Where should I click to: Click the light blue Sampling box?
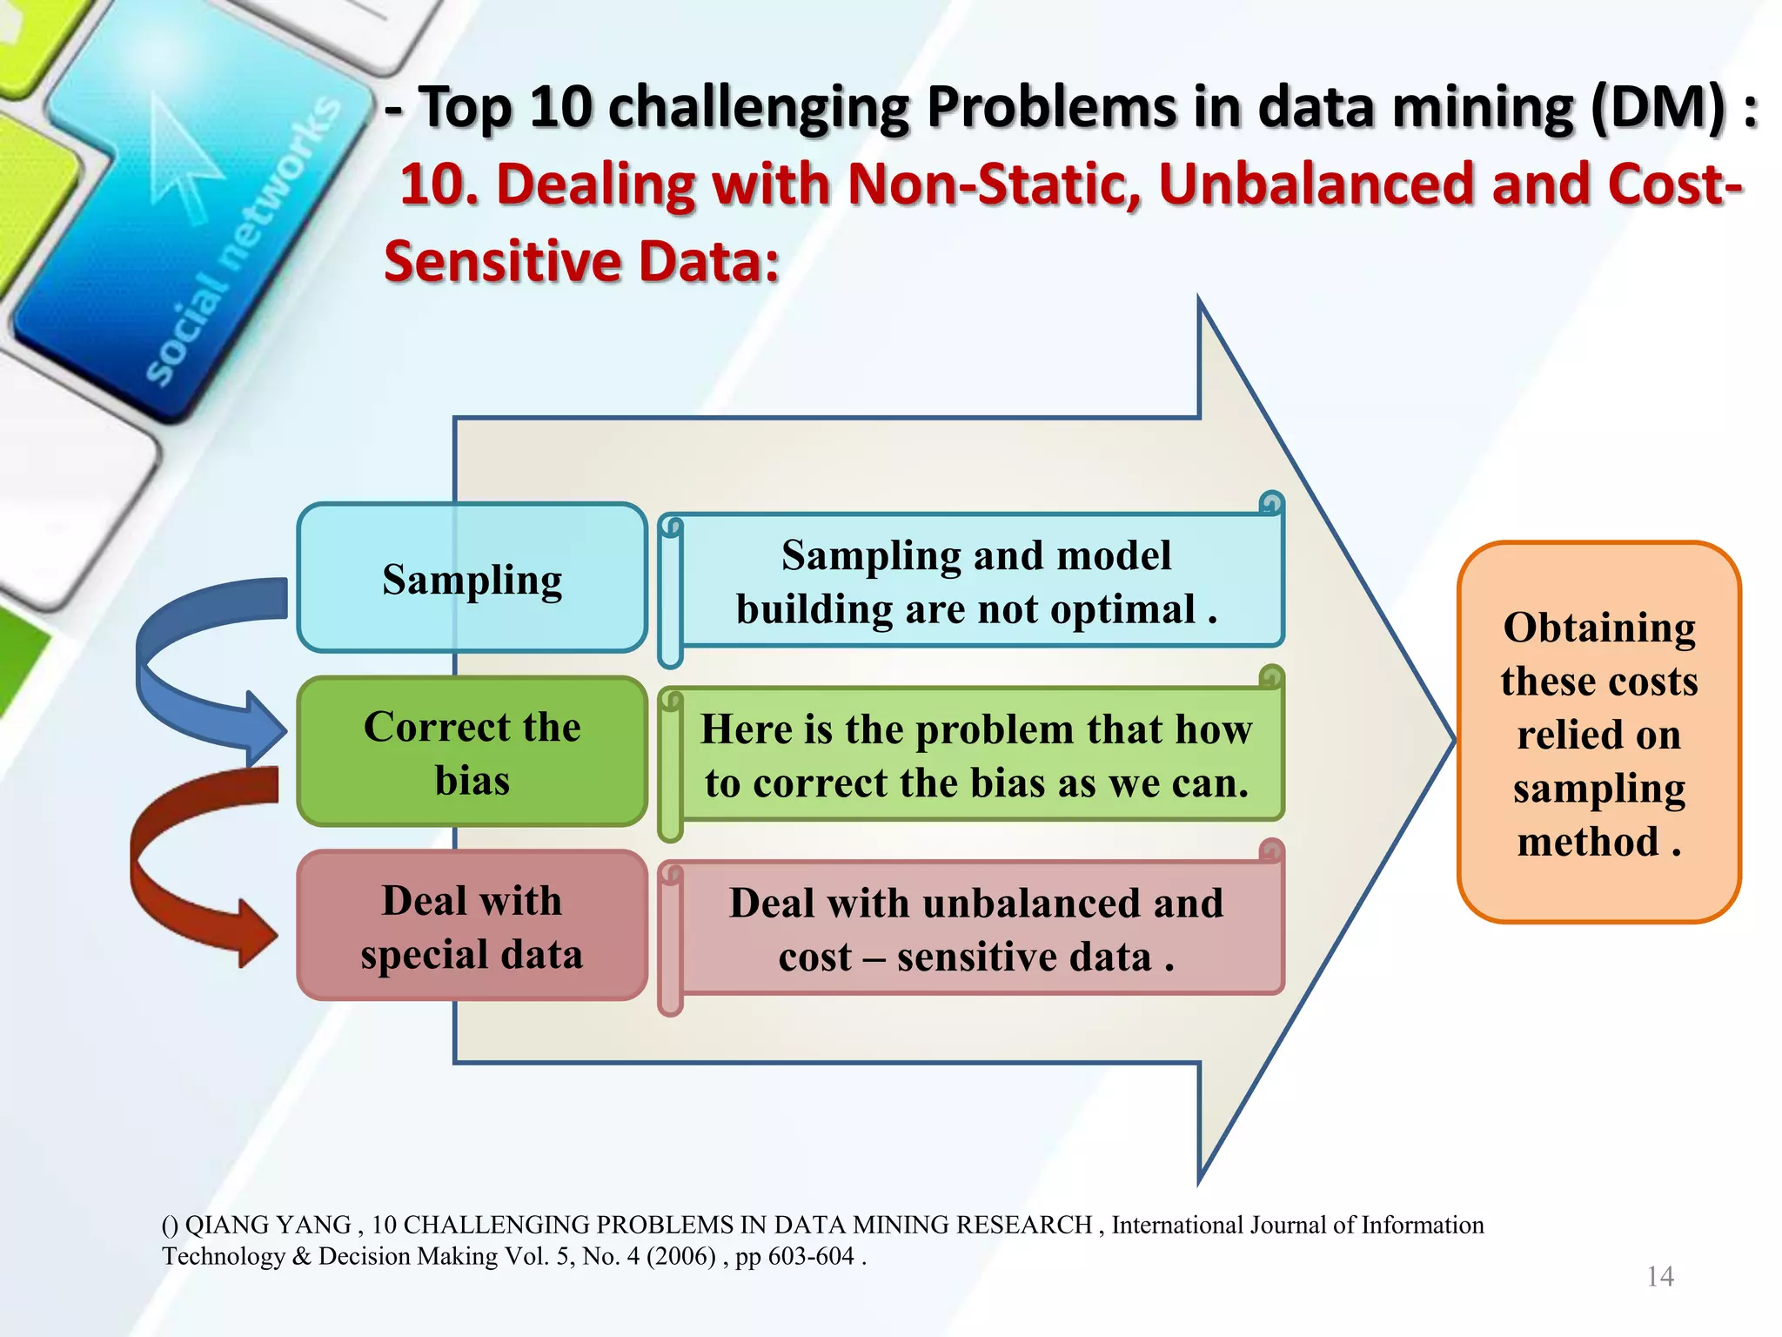pos(472,578)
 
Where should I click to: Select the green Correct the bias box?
pos(472,752)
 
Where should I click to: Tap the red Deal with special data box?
pos(472,926)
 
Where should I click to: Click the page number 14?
pos(1660,1276)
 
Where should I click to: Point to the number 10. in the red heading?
pos(439,185)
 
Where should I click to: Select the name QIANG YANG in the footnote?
pos(268,1225)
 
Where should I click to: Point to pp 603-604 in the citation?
pos(794,1256)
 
